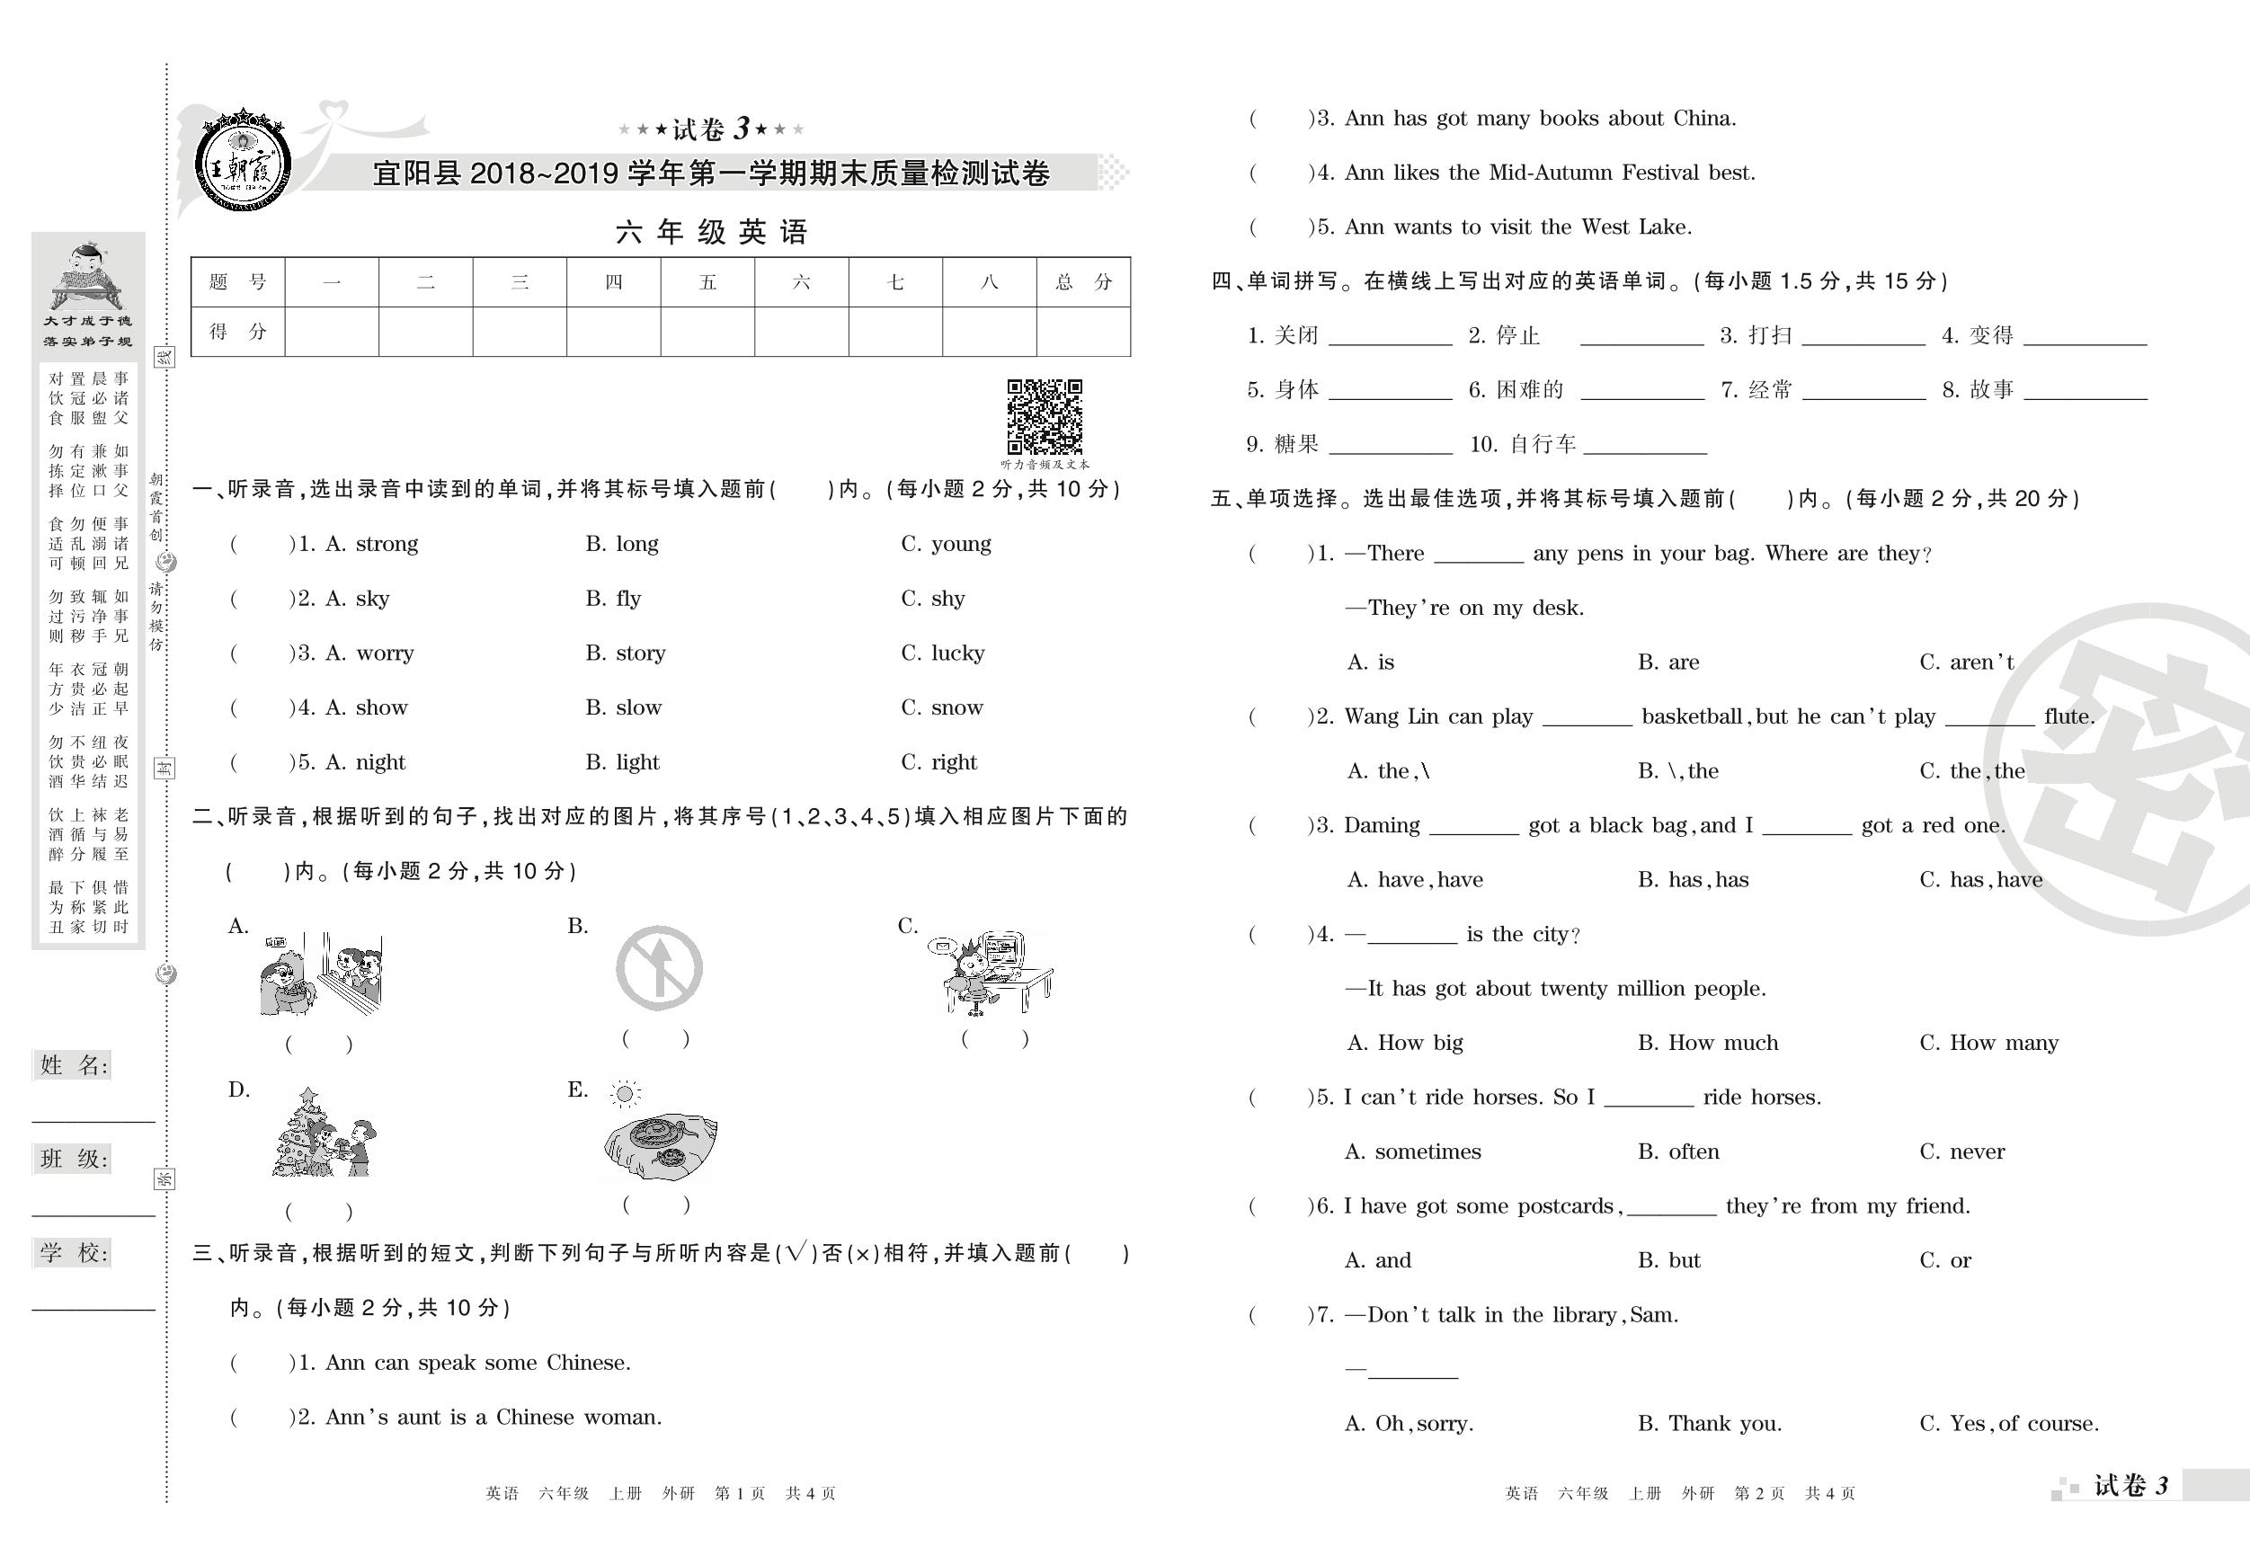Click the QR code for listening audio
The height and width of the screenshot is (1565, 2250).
(x=1044, y=417)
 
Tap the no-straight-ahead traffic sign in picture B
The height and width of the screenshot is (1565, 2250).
(x=659, y=968)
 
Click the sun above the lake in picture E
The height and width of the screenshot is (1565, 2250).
(x=624, y=1094)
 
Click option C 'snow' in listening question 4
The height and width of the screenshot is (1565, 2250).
(x=956, y=707)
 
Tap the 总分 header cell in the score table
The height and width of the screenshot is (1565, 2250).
(x=1083, y=282)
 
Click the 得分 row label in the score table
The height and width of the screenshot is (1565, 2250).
(x=237, y=331)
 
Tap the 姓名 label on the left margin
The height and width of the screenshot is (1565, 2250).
(x=75, y=1065)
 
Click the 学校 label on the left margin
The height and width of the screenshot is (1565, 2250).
(x=75, y=1252)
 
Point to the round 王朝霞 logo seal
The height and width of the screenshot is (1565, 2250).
(x=240, y=162)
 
